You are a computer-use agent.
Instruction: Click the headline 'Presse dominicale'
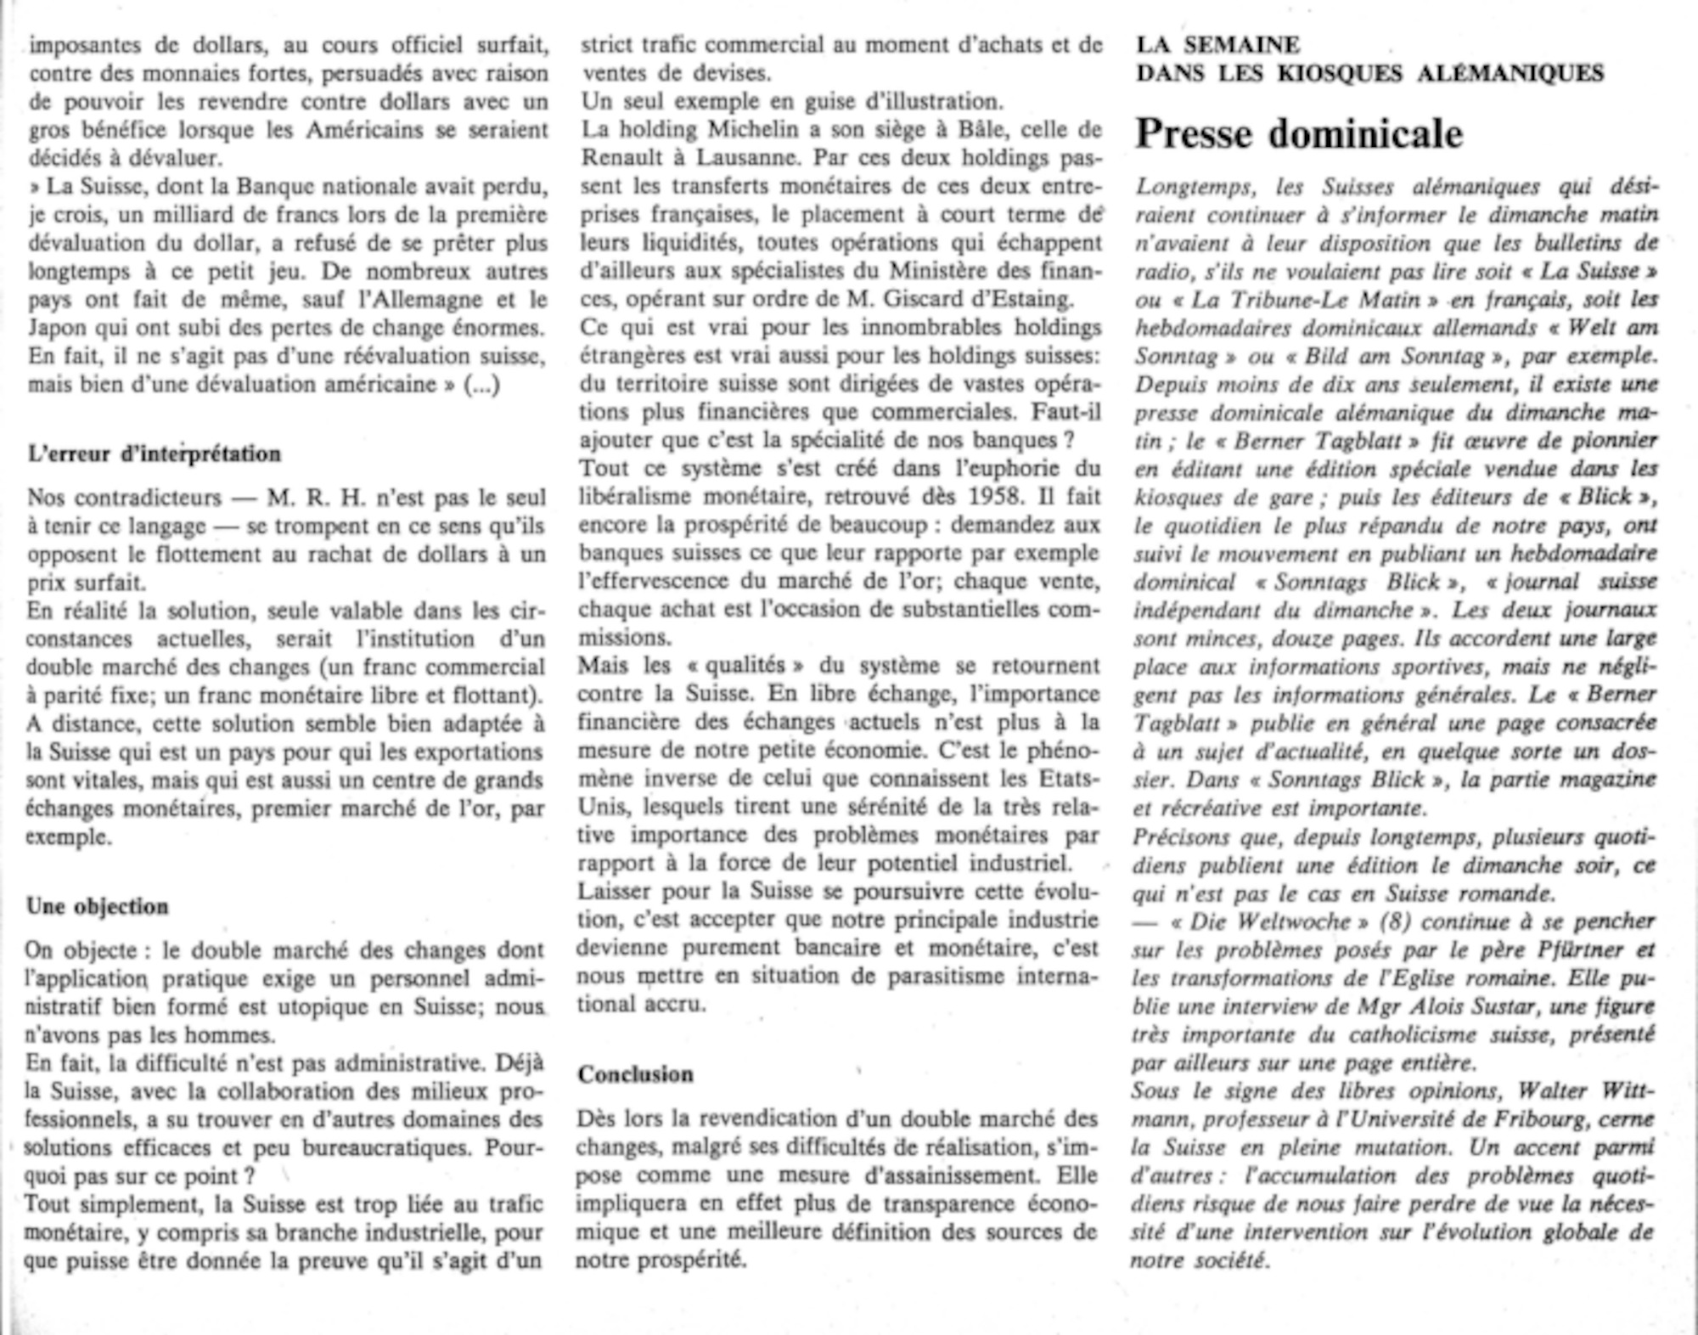1299,134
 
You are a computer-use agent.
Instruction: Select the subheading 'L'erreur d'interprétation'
154,453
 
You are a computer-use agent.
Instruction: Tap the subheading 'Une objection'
98,906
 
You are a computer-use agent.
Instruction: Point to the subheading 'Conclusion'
636,1074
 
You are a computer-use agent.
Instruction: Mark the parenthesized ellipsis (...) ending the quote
481,385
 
